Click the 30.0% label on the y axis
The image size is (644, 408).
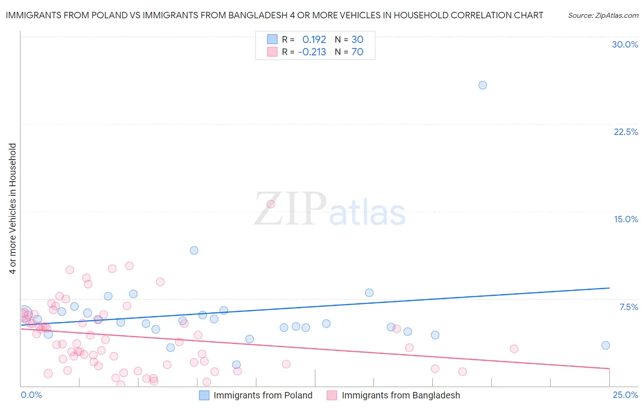625,44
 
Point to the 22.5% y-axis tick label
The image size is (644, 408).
626,132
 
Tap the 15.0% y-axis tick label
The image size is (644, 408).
626,219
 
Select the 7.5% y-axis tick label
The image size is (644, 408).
628,307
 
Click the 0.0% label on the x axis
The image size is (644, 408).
31,395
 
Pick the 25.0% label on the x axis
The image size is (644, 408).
625,395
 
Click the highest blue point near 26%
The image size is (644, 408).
482,85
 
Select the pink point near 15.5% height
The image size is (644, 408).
271,204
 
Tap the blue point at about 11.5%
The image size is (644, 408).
194,250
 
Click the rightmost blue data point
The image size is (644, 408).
606,345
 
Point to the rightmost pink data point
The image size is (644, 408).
514,349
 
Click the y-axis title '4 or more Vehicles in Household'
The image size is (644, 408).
12,209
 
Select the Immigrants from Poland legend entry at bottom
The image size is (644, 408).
262,395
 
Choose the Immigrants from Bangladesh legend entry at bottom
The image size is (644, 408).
400,395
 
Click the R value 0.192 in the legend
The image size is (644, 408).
314,39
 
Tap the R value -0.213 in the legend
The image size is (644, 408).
312,52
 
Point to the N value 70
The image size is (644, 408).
357,52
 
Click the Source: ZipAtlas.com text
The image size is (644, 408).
603,15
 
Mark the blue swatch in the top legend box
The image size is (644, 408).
272,39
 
